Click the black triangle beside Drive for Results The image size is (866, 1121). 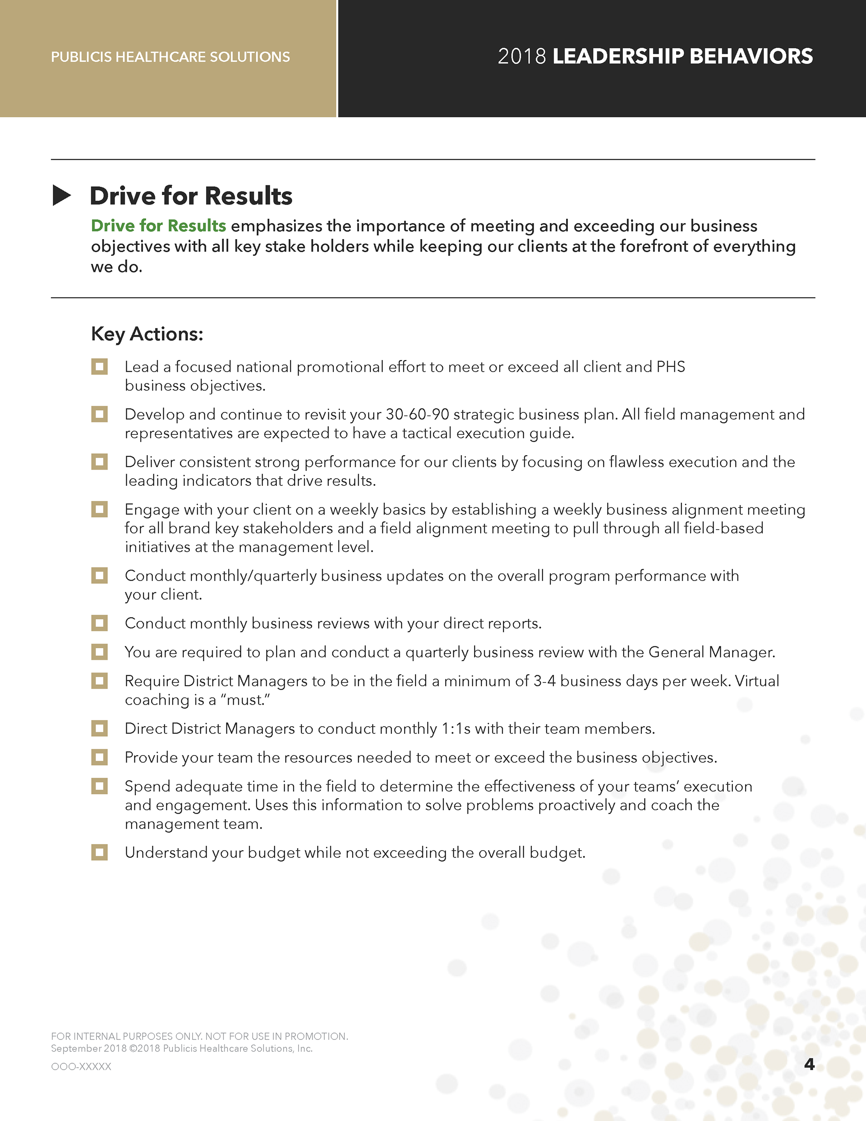62,196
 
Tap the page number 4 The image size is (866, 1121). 809,1064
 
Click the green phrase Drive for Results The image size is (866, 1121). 158,226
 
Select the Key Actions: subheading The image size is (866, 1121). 147,334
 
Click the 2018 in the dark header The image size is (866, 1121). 521,56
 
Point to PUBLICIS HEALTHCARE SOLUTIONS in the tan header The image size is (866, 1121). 170,57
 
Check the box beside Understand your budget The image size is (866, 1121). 100,853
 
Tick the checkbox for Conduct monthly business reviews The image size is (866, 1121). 100,623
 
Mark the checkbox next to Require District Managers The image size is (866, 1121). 100,681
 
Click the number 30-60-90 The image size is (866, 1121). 417,414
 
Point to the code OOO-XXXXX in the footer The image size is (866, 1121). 81,1066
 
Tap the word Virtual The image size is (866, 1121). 757,681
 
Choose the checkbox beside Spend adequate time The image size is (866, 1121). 100,786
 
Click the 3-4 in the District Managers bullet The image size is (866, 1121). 544,681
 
